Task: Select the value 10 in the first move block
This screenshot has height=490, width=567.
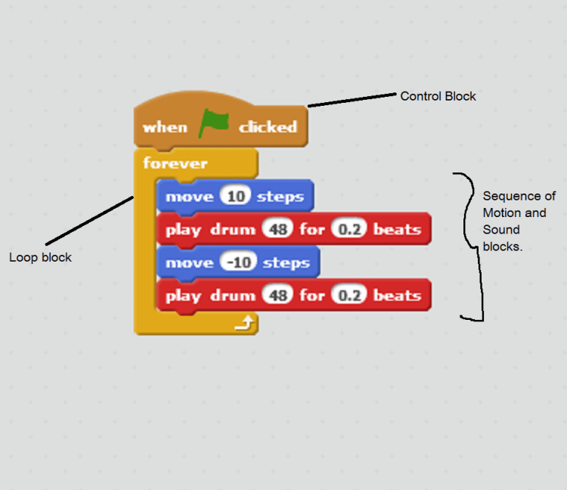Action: click(236, 197)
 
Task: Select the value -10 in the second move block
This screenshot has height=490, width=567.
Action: click(240, 262)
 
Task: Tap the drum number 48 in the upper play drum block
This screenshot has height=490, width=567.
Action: click(278, 229)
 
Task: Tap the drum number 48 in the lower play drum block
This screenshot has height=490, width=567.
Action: click(278, 295)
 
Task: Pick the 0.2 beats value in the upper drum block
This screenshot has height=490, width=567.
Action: click(349, 229)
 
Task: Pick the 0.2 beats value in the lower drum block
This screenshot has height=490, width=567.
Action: click(349, 295)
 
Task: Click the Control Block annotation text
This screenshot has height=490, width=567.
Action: click(438, 96)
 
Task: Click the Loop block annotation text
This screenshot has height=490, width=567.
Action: click(40, 257)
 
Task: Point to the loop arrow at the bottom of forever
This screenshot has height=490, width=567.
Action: click(245, 324)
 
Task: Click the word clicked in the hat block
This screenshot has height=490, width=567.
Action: click(268, 127)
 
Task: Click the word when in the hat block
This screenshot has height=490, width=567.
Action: click(165, 127)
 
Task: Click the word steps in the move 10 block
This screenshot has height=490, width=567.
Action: click(280, 197)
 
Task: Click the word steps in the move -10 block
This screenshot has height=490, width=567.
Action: click(287, 263)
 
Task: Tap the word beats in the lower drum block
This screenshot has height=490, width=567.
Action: click(397, 295)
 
